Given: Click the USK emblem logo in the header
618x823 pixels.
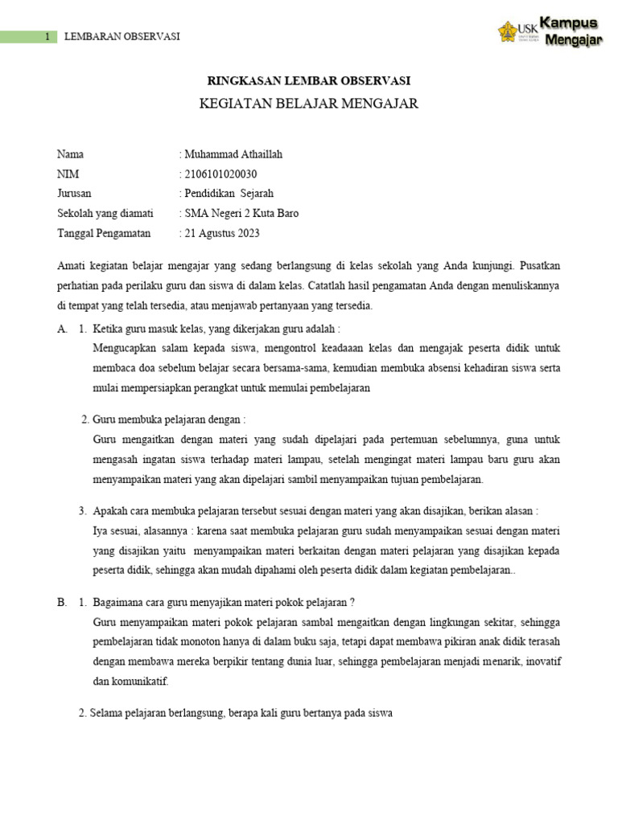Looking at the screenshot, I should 509,31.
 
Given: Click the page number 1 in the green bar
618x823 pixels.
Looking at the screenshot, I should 47,37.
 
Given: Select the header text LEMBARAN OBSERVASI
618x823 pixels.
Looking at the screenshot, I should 122,37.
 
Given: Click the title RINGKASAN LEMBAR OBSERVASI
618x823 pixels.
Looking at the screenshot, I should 309,80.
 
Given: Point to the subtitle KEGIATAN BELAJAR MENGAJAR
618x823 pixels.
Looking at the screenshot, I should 309,104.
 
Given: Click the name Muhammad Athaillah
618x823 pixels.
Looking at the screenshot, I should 233,154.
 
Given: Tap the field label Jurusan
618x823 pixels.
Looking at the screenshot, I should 74,194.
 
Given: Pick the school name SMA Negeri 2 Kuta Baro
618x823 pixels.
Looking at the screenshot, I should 241,214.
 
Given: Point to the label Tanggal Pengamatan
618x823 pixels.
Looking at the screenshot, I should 104,234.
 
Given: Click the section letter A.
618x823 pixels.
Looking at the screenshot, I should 62,329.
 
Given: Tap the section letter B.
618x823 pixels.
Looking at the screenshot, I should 62,603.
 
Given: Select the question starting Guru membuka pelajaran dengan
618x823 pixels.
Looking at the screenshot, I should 169,420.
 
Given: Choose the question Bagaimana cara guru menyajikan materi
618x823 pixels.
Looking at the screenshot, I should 225,603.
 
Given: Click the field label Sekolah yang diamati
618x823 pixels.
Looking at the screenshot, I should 105,214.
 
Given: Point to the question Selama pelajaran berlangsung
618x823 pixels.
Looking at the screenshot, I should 241,713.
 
